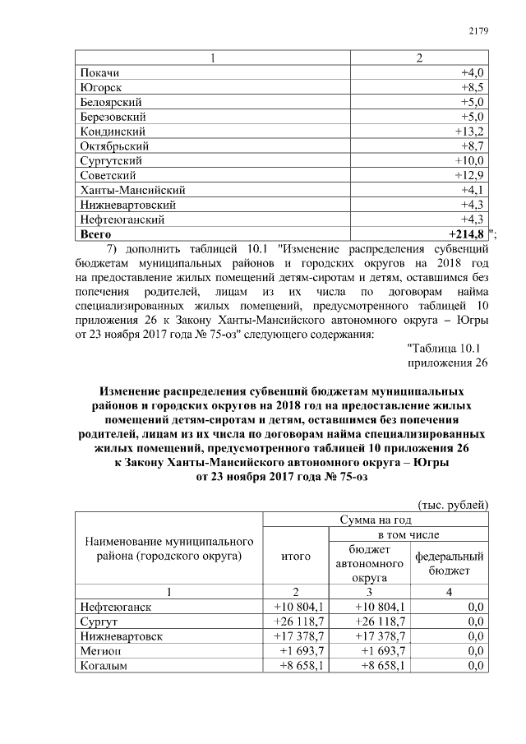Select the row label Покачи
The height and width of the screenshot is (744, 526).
[100, 72]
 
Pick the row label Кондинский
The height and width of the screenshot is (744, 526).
[113, 132]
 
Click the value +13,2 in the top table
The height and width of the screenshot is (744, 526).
[468, 132]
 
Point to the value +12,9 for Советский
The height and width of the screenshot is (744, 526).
[468, 176]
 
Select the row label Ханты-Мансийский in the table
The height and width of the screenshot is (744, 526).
[132, 191]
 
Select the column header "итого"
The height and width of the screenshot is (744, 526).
[295, 557]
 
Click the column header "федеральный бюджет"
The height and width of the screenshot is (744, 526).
[449, 563]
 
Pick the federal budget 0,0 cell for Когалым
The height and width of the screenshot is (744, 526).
[473, 666]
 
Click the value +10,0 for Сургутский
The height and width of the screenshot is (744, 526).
[469, 161]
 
